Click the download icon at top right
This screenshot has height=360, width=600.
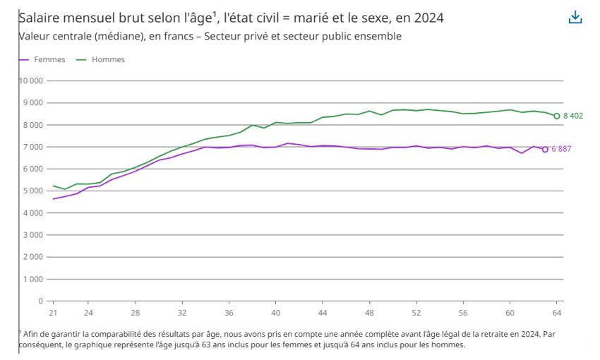pos(575,18)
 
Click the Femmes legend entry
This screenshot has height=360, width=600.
pos(49,60)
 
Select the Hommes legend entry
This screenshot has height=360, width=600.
pos(107,60)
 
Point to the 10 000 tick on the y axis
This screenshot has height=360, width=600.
pos(31,80)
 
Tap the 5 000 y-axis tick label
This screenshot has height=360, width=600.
pos(33,191)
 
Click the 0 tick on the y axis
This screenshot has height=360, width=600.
pos(41,301)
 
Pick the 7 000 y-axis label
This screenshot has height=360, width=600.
pos(33,147)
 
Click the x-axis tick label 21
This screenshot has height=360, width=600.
pos(52,312)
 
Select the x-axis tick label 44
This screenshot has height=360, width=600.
pos(323,312)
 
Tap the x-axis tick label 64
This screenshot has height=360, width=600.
pos(556,312)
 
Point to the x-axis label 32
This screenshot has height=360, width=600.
pos(181,312)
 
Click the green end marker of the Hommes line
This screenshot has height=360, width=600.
pos(556,116)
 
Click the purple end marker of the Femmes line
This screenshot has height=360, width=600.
pos(545,149)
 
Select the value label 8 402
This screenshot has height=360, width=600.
pos(572,116)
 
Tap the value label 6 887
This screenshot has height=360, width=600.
pos(561,149)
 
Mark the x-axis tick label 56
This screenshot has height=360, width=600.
pos(463,312)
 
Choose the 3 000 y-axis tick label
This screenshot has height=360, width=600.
pos(33,235)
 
